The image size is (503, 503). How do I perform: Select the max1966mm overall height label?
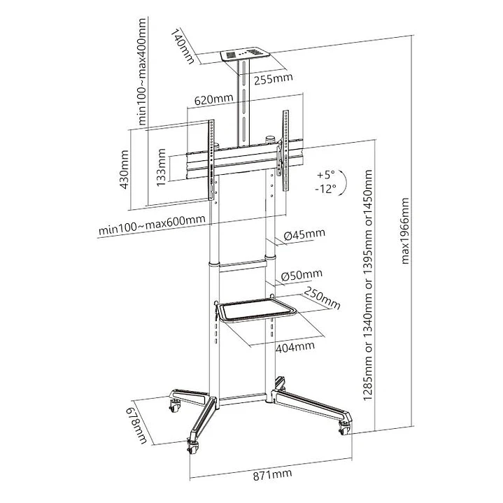pos(405,231)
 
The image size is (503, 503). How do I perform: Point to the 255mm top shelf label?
pos(272,79)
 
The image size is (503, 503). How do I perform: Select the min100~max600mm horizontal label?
pos(152,223)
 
